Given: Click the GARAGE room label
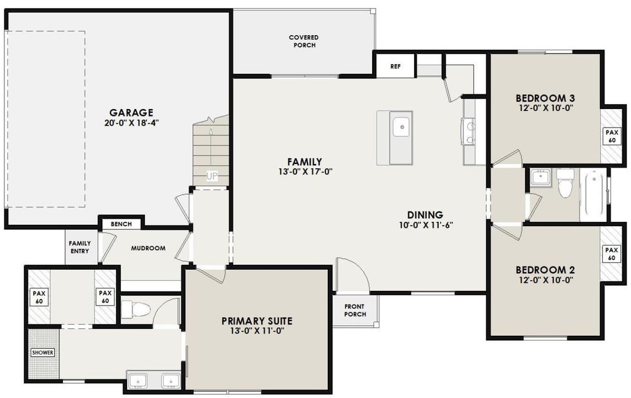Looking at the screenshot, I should (131, 113).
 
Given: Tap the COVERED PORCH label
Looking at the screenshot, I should (303, 41).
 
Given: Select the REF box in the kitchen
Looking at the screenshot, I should (395, 66).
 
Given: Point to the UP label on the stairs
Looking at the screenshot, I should (212, 176).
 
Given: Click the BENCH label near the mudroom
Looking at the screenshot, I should (121, 224).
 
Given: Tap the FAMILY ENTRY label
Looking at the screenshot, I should (79, 247).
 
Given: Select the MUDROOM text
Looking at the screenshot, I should (148, 248).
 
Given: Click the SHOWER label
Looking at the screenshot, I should (43, 353).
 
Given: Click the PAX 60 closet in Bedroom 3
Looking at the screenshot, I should (611, 136).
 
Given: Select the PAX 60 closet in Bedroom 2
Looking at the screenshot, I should (611, 254).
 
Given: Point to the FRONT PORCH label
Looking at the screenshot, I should (355, 311).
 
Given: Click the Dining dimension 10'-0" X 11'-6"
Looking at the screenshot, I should (426, 225).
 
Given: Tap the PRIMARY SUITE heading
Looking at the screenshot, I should (256, 321).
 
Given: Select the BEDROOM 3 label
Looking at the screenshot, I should (545, 98).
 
